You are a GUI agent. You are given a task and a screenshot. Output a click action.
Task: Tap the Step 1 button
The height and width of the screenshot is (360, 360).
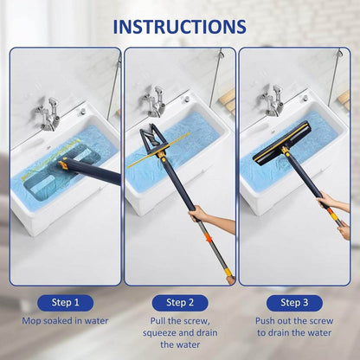coord(65,302)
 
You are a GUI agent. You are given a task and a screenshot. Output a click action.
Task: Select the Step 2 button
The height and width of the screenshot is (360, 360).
coord(180,302)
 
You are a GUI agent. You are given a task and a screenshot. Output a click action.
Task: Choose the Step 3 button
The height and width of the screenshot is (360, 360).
coord(295,302)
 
